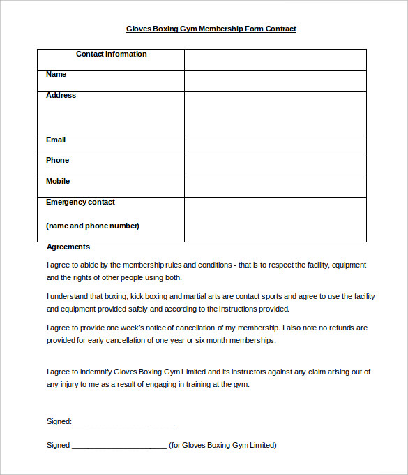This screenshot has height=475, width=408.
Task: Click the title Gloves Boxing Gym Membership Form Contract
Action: click(x=211, y=29)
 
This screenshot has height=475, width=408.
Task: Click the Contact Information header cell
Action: click(x=111, y=54)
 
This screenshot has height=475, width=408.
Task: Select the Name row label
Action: click(x=56, y=75)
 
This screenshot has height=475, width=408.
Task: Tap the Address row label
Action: click(x=61, y=96)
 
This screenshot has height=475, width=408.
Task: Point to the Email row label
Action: click(x=56, y=140)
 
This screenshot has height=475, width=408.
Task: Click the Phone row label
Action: click(x=58, y=161)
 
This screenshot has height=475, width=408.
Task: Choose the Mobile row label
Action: click(x=58, y=182)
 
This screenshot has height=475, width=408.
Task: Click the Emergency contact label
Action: click(x=80, y=203)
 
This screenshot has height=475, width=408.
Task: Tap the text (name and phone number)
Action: click(x=93, y=226)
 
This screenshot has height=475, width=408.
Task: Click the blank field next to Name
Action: click(x=275, y=80)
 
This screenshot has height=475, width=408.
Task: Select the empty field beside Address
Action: click(x=275, y=113)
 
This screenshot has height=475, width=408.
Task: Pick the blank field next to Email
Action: click(x=275, y=145)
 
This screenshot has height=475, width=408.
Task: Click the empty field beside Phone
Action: click(x=275, y=166)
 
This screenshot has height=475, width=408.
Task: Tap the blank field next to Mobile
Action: click(x=275, y=187)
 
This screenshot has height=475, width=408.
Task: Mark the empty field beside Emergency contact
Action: click(x=275, y=219)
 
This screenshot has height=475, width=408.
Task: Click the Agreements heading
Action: click(x=68, y=247)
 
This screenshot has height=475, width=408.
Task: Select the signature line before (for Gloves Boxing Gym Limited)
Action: click(x=119, y=446)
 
